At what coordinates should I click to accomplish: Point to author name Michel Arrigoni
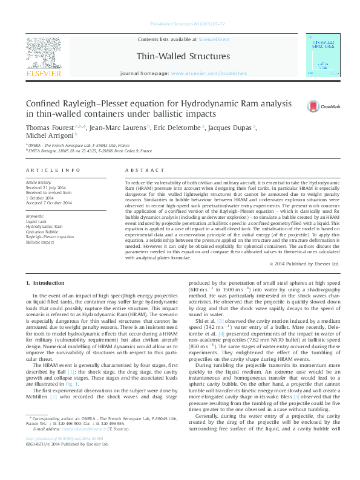pos(50,137)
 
